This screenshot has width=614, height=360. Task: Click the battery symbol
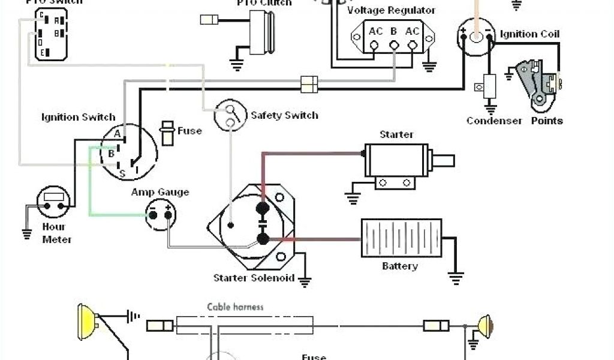[x=401, y=238]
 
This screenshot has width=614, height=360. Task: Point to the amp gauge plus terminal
[x=168, y=215]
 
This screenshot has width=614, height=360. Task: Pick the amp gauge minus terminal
[x=153, y=215]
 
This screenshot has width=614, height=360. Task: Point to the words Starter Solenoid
[x=254, y=278]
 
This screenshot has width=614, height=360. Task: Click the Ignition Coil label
[x=531, y=34]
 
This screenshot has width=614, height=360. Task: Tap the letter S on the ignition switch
[x=122, y=174]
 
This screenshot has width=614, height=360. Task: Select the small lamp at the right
[x=484, y=326]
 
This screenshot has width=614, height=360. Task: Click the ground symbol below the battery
[x=456, y=277]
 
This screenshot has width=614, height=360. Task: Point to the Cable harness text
[x=236, y=307]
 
